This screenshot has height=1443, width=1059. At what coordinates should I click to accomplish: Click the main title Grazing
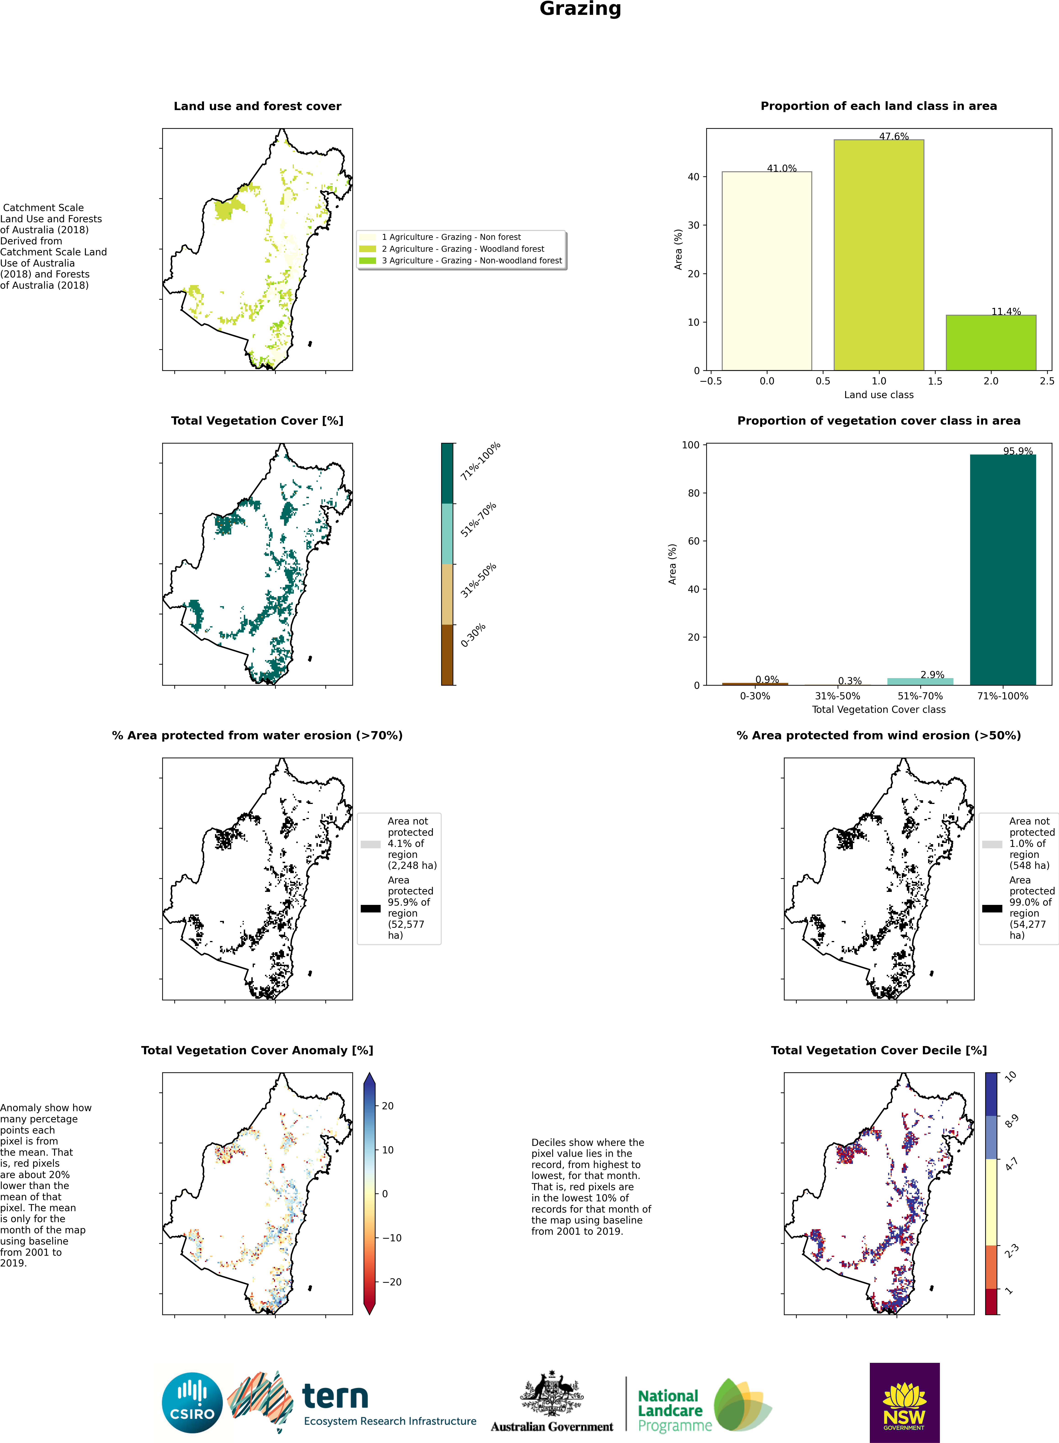pos(580,9)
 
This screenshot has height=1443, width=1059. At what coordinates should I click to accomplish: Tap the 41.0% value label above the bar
pos(781,169)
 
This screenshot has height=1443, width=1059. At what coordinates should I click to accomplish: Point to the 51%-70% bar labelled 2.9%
pos(920,681)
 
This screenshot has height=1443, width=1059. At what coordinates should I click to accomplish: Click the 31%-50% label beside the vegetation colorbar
pos(478,581)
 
